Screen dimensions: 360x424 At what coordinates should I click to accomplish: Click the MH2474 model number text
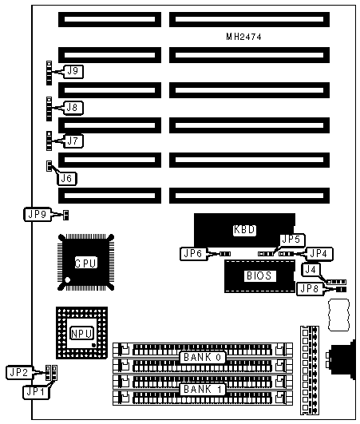coord(243,37)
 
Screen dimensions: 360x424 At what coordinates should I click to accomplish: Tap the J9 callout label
coord(73,71)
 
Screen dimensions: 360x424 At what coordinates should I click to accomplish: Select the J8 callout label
coord(73,108)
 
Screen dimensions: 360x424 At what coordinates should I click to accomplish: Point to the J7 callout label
coord(73,141)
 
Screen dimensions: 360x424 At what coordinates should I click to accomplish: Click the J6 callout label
coord(67,179)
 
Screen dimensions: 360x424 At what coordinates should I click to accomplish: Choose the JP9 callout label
coord(38,215)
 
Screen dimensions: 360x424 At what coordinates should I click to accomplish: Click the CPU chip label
coord(85,264)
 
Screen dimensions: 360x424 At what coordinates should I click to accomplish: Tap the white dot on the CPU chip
coord(68,280)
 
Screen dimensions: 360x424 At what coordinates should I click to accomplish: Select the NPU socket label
coord(81,334)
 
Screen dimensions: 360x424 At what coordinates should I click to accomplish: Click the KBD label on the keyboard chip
coord(244,230)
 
